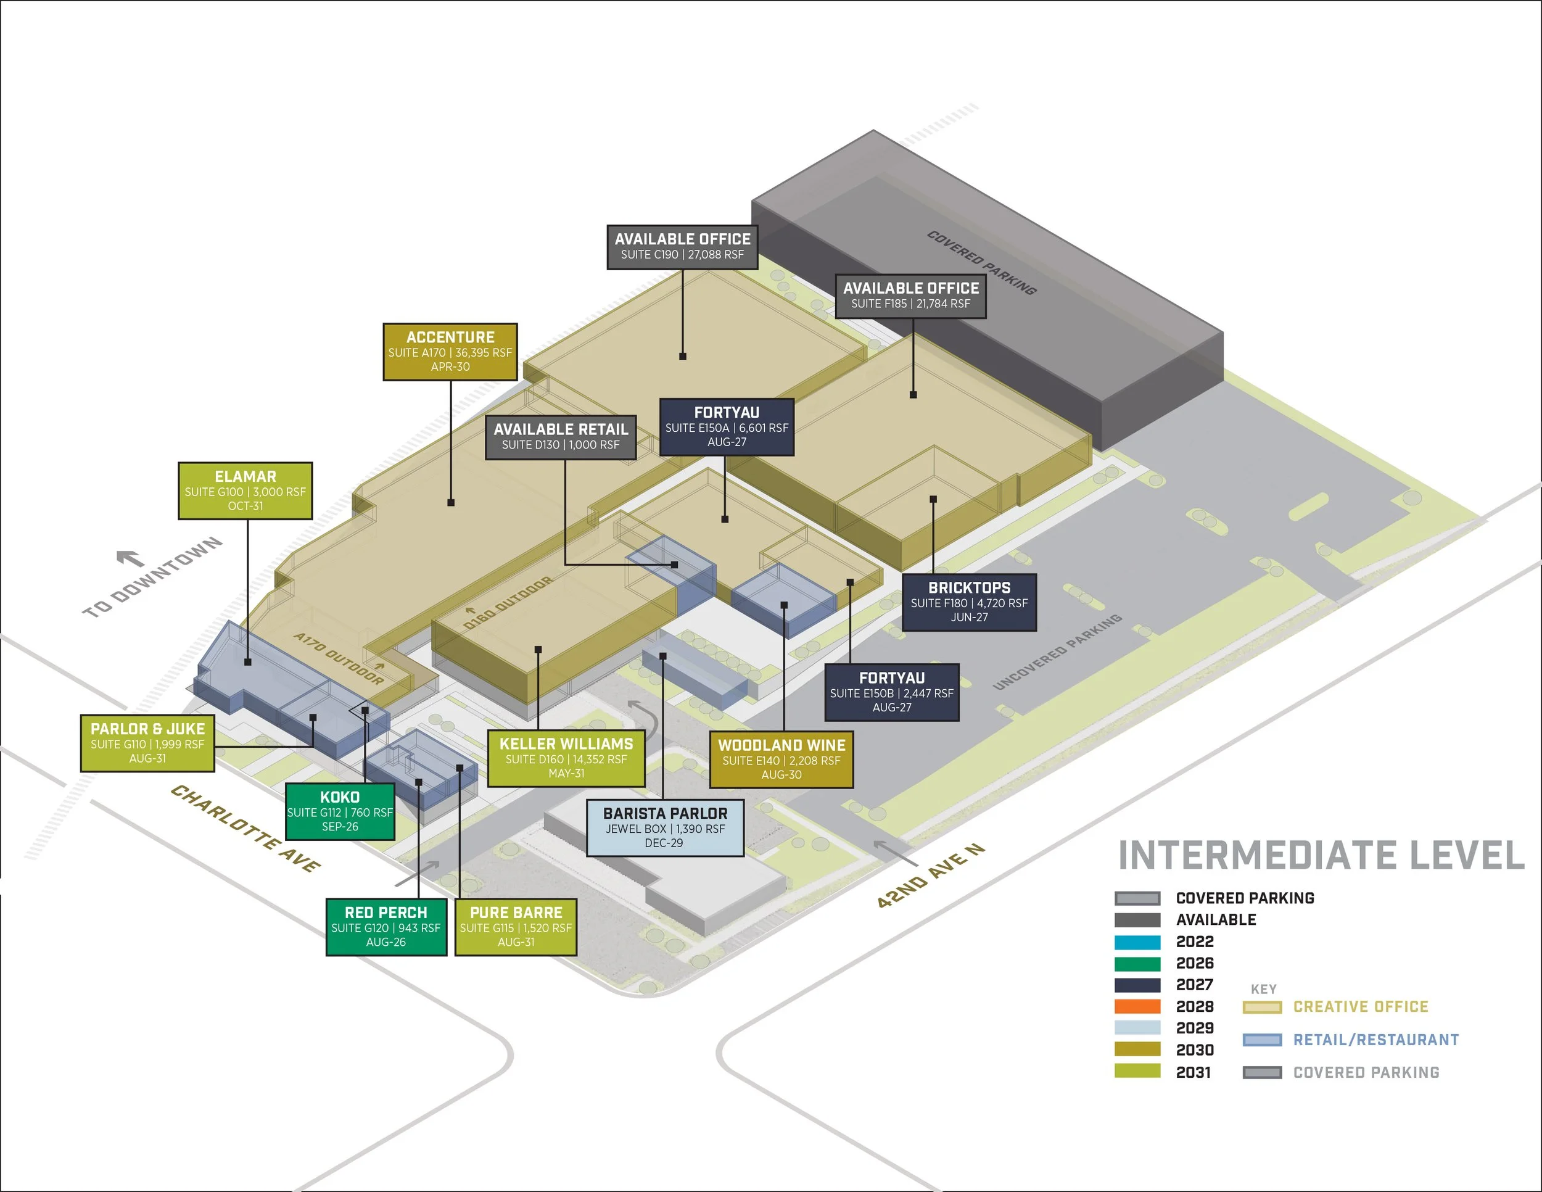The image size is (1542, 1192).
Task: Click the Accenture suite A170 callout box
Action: [450, 352]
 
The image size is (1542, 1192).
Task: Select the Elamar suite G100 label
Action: [245, 490]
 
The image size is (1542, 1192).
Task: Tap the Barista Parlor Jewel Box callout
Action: [664, 827]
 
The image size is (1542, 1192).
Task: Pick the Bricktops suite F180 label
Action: [969, 602]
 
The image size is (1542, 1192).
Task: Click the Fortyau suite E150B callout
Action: [892, 692]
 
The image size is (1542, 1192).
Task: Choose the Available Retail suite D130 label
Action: [561, 437]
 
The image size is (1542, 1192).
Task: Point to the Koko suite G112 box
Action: [340, 811]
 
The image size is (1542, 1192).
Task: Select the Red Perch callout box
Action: [385, 927]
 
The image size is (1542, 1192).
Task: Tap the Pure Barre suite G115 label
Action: [516, 927]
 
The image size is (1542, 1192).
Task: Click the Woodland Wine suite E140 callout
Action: [781, 759]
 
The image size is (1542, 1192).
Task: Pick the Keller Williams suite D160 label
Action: [566, 758]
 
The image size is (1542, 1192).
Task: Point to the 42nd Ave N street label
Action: [930, 875]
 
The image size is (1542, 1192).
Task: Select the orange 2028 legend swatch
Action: [1137, 1006]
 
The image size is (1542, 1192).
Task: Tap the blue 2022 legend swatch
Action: [1137, 942]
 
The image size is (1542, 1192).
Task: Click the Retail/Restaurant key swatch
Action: [1262, 1040]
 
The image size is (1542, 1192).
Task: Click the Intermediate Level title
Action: [1321, 856]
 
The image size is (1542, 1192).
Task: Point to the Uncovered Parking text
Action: [1057, 651]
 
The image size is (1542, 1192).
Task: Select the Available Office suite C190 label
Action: [682, 246]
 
